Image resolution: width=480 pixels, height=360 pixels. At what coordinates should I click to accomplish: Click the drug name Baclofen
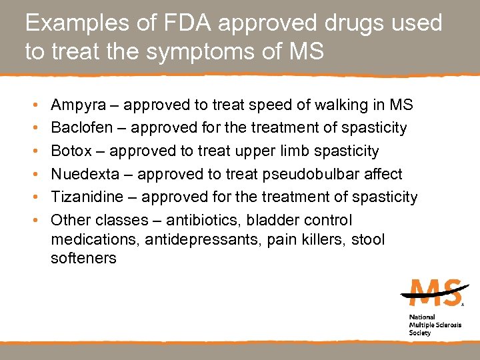tap(79, 127)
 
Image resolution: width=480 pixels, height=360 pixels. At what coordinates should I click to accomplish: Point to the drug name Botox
tap(71, 151)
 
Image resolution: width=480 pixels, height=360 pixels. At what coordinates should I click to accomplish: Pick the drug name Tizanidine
tap(85, 197)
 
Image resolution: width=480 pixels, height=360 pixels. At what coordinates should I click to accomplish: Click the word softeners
tap(83, 258)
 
